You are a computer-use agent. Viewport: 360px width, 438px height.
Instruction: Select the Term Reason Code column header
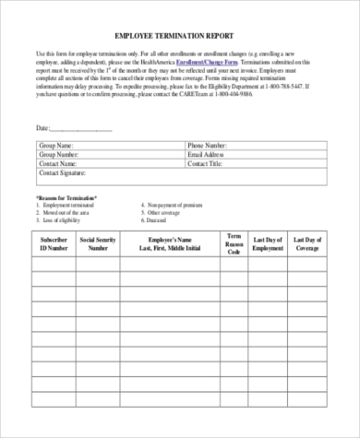click(234, 243)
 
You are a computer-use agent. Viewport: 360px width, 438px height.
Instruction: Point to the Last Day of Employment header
click(269, 243)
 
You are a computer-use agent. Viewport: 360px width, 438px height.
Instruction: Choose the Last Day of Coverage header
click(308, 243)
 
